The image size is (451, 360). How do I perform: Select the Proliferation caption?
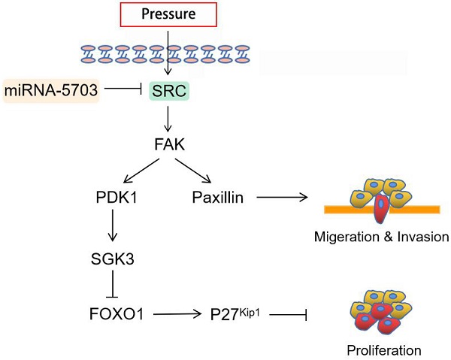click(x=383, y=349)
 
